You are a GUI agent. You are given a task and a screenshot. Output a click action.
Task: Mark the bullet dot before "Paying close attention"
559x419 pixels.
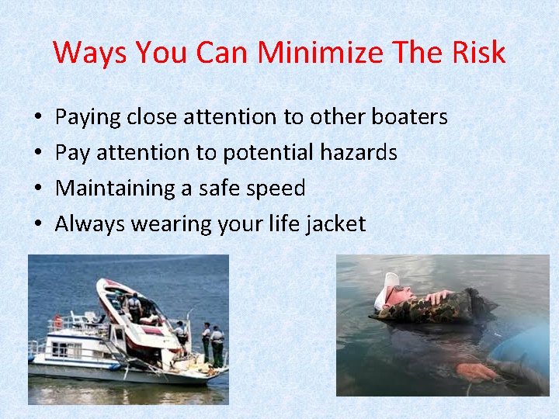39,118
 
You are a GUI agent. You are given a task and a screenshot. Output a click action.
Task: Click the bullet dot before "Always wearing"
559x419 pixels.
39,225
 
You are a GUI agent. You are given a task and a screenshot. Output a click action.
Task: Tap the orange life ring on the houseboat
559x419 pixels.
57,321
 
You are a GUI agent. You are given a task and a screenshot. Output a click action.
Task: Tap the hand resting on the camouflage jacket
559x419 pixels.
439,296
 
